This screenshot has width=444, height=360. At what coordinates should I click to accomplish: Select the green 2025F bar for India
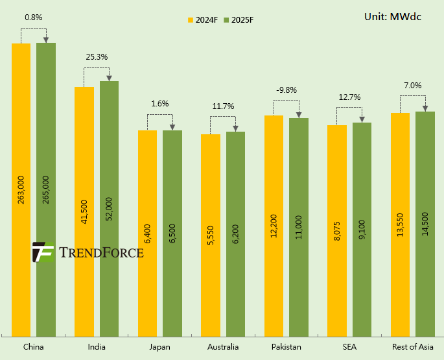tap(109, 208)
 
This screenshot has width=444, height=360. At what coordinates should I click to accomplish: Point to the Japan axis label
tap(159, 347)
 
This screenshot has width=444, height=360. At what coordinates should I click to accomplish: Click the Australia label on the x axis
tap(222, 347)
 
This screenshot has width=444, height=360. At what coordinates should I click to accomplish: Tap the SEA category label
tap(349, 347)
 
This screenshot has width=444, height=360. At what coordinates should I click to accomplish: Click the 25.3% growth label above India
tap(97, 57)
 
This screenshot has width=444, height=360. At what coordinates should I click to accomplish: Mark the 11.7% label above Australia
tap(223, 106)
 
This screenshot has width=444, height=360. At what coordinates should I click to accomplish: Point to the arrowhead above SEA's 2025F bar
tap(362, 119)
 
